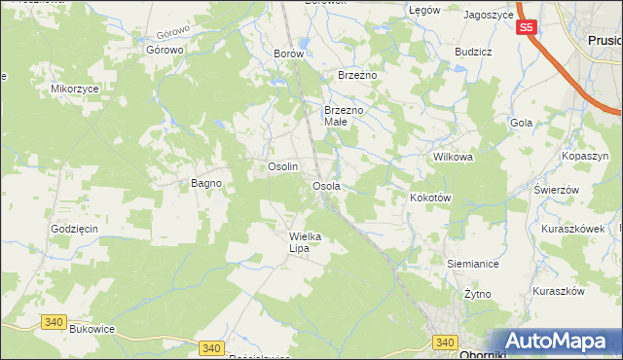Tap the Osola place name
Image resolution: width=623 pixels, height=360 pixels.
325,185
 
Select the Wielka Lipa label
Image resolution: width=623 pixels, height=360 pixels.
305,241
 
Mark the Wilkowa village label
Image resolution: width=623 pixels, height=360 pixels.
452,156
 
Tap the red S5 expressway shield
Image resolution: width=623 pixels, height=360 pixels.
526,28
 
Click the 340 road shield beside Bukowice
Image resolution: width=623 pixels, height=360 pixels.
54,320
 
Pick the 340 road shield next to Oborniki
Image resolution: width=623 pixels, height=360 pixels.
446,342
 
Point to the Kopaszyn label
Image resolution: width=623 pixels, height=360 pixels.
585,156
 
